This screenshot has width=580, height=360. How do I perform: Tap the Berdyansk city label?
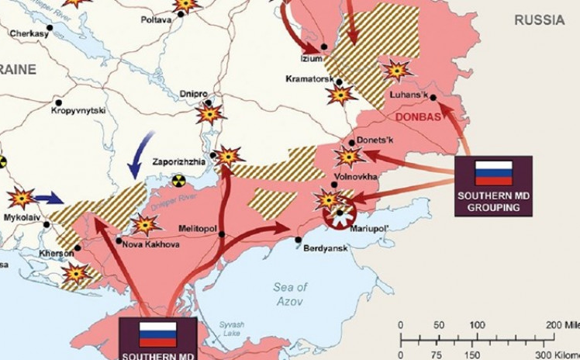point(323,248)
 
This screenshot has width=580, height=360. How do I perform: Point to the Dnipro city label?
point(193,94)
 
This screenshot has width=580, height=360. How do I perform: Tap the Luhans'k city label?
point(411,95)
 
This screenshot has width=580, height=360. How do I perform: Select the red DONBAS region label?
point(417,117)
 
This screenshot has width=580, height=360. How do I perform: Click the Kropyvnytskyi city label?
point(78,111)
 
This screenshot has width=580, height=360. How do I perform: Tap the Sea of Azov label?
point(290,294)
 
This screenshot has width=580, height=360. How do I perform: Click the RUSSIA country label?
point(540,21)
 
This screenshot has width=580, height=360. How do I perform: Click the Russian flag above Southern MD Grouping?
point(493,172)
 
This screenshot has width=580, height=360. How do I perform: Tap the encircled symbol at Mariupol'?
point(339,215)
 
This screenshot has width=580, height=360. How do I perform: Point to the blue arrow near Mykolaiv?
point(48,198)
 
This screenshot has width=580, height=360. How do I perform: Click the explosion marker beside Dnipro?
point(209,113)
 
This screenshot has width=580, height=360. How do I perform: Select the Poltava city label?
point(156,19)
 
